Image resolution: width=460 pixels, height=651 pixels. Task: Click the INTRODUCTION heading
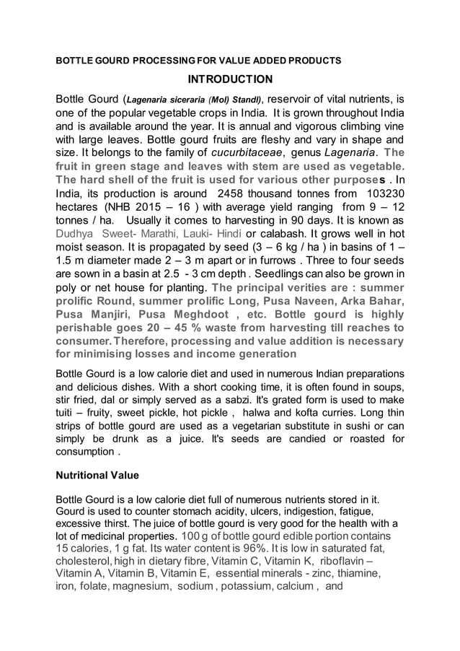click(230, 79)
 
